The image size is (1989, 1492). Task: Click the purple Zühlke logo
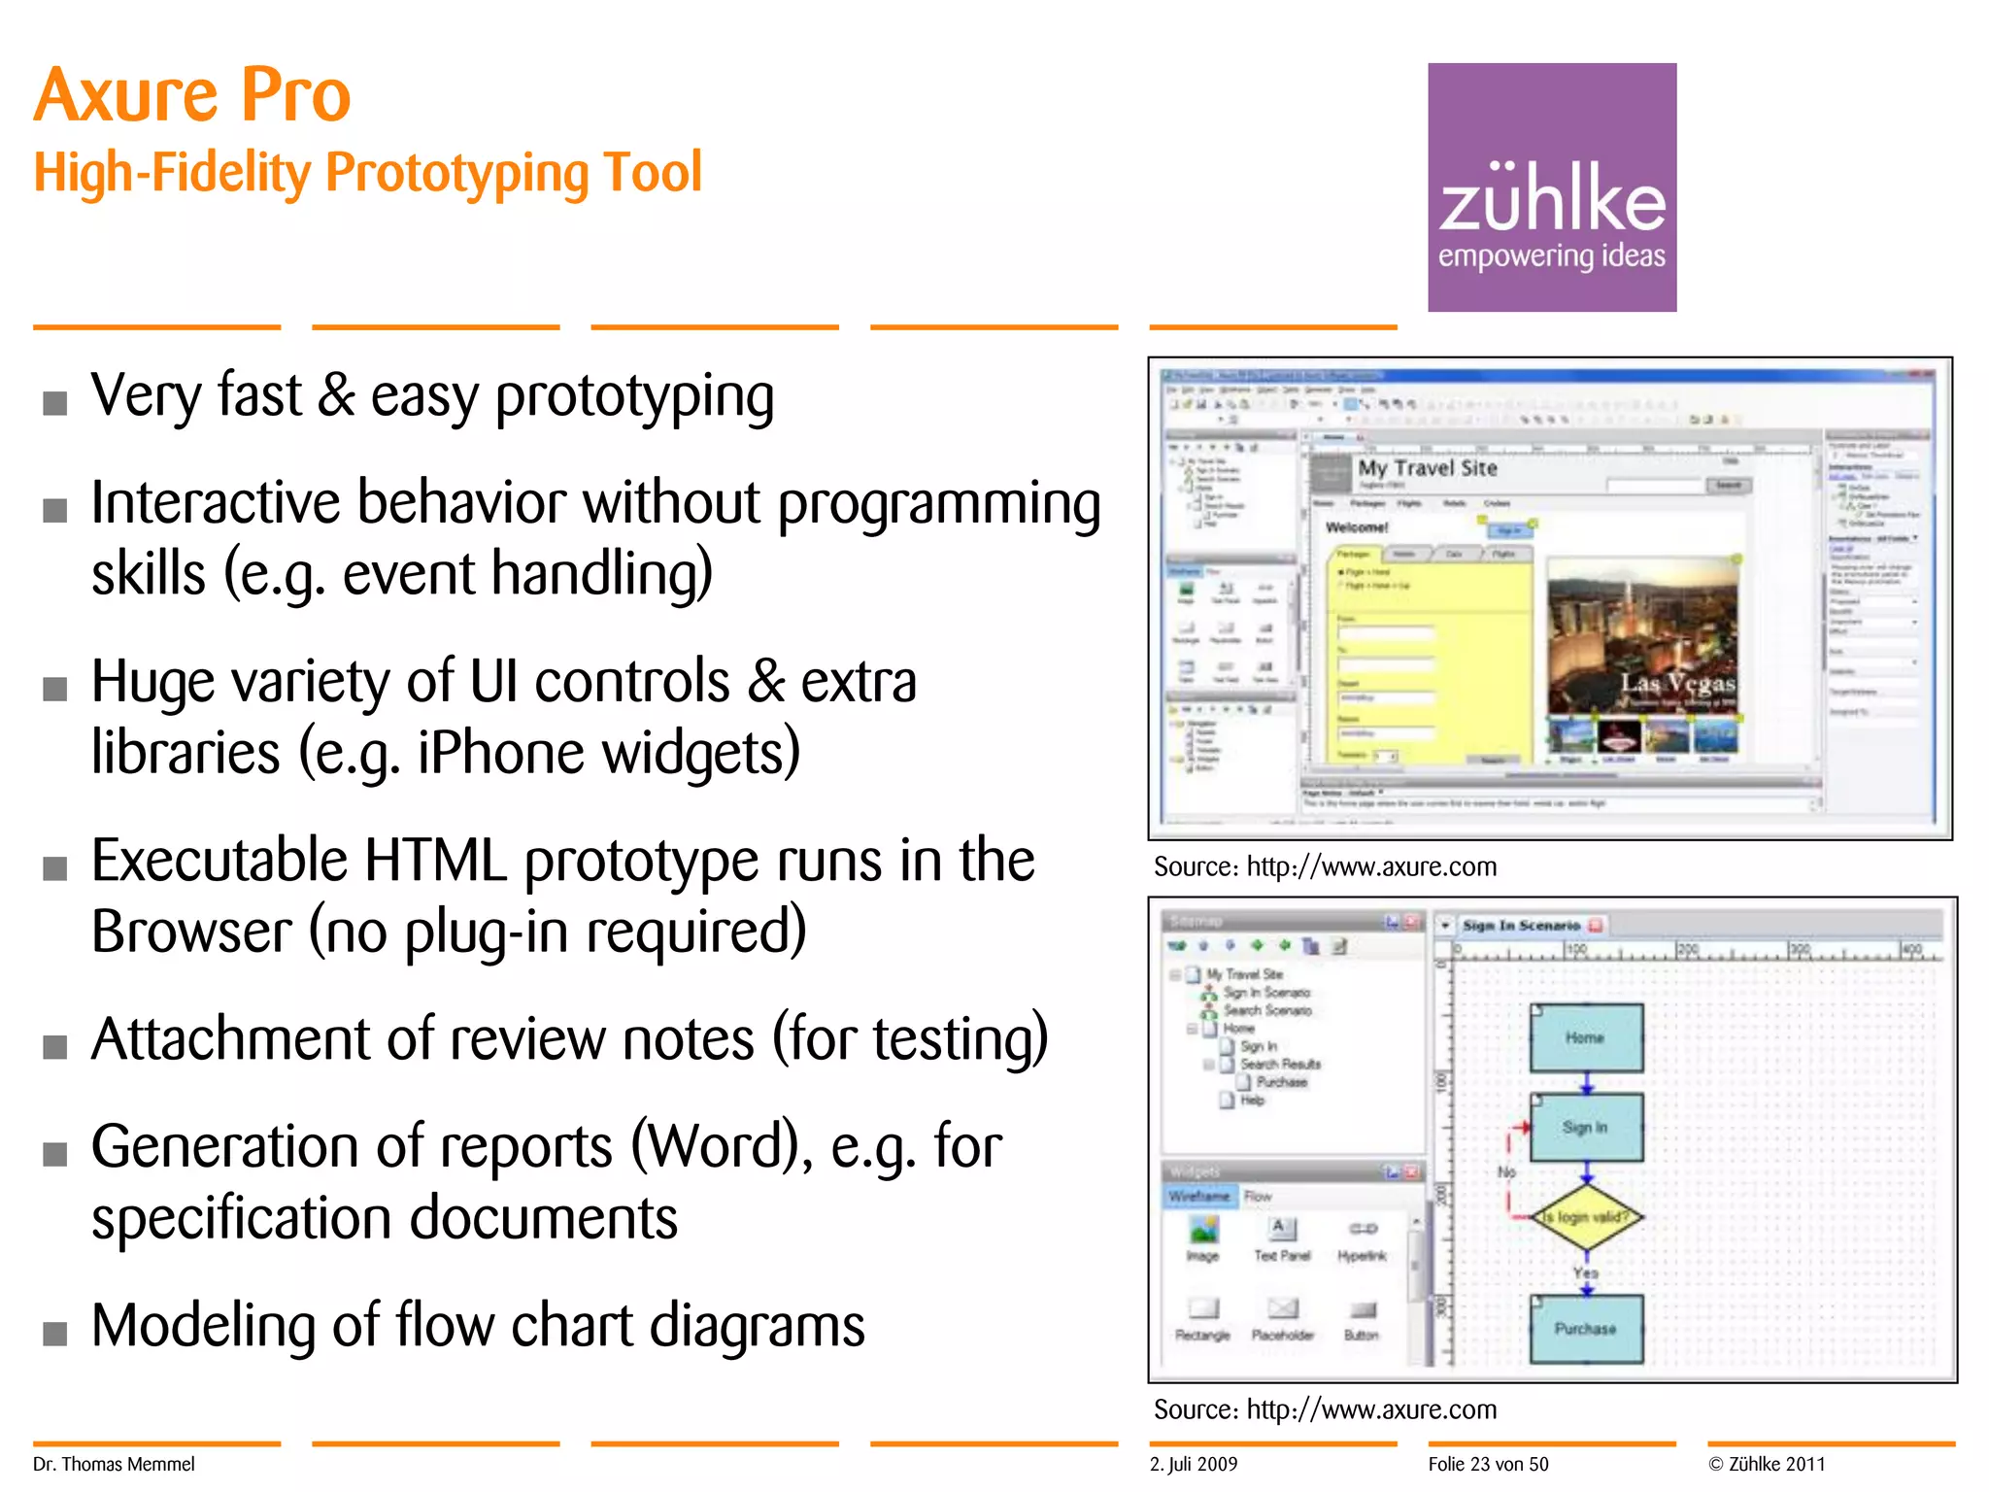click(1551, 186)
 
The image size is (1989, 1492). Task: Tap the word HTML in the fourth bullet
click(435, 861)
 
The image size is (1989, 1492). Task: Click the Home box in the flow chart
click(1585, 1037)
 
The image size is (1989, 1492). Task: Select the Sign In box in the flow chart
click(1585, 1127)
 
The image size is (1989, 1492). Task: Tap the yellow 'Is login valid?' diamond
click(1585, 1216)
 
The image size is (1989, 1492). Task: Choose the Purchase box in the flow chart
click(1585, 1328)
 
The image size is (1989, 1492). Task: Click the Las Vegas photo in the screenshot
click(1640, 636)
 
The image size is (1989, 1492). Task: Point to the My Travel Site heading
click(1427, 468)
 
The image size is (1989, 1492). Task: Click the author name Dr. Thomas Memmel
click(114, 1464)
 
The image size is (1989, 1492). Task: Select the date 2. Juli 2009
click(1194, 1464)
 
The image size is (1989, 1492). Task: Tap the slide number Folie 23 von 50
click(1488, 1464)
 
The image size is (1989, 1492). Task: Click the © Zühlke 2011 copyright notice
click(1767, 1464)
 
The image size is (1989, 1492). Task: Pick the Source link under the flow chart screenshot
click(1325, 1409)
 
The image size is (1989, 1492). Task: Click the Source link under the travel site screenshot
click(1325, 866)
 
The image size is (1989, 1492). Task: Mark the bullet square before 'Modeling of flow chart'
click(55, 1333)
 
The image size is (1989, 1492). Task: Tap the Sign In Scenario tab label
click(1521, 926)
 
